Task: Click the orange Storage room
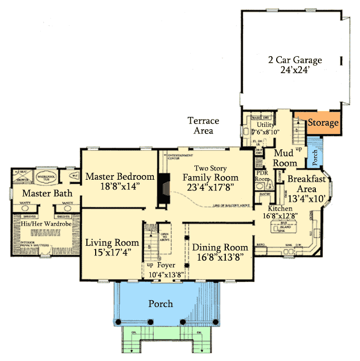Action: coord(323,123)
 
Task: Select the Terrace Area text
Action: coord(203,126)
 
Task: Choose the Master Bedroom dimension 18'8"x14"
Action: coord(120,187)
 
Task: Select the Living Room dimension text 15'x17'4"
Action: coord(112,252)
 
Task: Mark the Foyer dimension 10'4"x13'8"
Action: coord(163,274)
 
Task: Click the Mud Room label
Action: coord(284,158)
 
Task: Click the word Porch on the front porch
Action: coord(160,303)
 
